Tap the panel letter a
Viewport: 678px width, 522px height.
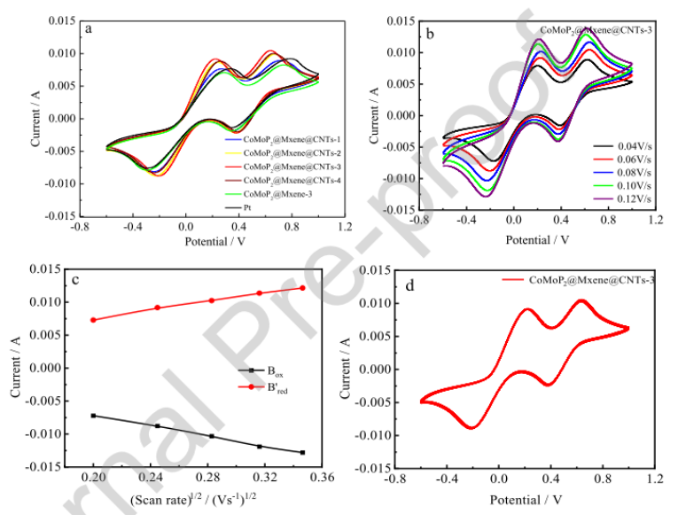coord(88,28)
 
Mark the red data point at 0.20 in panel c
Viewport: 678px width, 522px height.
coord(93,320)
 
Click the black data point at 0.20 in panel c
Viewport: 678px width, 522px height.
coord(93,416)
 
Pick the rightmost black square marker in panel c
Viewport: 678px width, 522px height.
coord(303,453)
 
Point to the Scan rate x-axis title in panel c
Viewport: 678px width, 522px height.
coord(191,499)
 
